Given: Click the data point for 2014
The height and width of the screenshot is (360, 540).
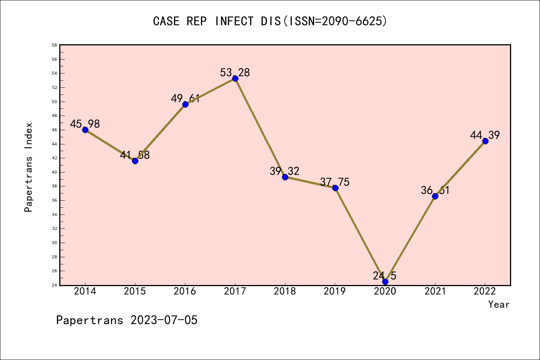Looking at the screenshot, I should pyautogui.click(x=85, y=130).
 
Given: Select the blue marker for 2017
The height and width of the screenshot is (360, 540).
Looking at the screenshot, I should pyautogui.click(x=235, y=78).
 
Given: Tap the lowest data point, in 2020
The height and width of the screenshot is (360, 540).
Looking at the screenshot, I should pyautogui.click(x=385, y=282).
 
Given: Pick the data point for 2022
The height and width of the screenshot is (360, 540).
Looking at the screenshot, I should pyautogui.click(x=485, y=141).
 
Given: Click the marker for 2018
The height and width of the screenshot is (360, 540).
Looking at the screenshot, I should pyautogui.click(x=285, y=177).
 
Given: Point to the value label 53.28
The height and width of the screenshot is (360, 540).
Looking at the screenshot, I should pyautogui.click(x=235, y=72).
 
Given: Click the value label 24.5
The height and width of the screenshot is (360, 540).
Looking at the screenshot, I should pyautogui.click(x=384, y=276).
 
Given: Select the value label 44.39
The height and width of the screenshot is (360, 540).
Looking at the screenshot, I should pyautogui.click(x=485, y=135).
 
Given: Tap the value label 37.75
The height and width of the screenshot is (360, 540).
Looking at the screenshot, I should pyautogui.click(x=334, y=182).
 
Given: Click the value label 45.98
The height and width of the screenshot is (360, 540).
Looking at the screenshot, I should pyautogui.click(x=85, y=124).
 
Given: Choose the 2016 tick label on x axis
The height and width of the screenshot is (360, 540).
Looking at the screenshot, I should pyautogui.click(x=185, y=291).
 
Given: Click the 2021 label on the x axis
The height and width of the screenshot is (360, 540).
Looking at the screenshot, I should pyautogui.click(x=435, y=291).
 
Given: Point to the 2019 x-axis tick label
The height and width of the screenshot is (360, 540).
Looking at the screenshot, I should pyautogui.click(x=335, y=291).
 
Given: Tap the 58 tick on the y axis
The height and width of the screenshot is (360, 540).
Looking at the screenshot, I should pyautogui.click(x=54, y=45).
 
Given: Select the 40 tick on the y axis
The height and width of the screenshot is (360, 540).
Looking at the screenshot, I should pyautogui.click(x=54, y=172).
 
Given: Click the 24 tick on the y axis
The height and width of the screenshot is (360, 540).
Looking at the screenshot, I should pyautogui.click(x=54, y=285).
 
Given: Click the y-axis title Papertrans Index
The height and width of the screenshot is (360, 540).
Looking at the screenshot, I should pyautogui.click(x=28, y=167).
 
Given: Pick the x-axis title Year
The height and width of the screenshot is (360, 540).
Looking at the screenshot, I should pyautogui.click(x=499, y=304).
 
